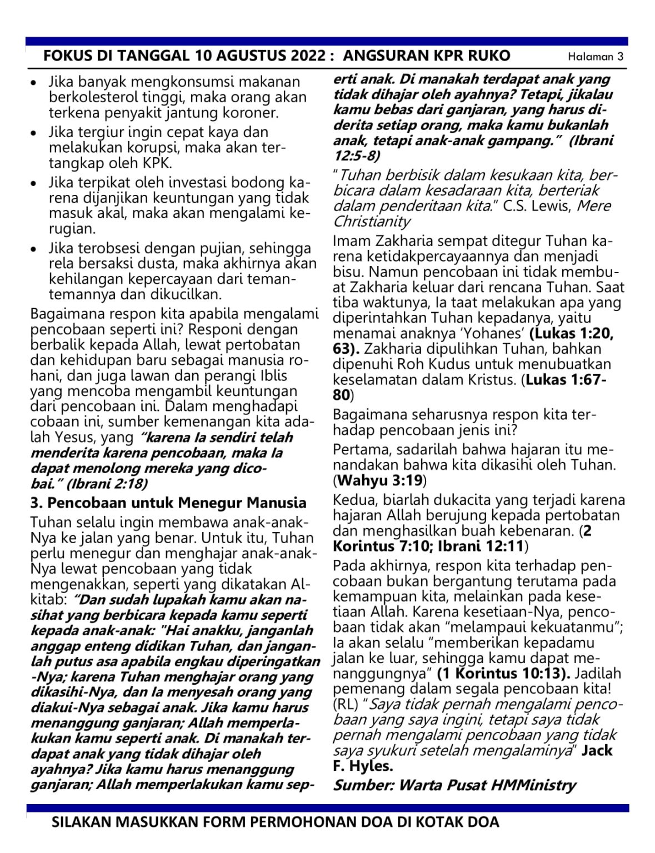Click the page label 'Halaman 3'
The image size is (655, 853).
pos(595,57)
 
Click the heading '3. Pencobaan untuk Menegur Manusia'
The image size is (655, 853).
pos(168,503)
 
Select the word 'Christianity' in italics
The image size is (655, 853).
pos(372,222)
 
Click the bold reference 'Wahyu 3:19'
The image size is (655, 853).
pos(379,480)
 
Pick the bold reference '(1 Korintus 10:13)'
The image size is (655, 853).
pos(503,674)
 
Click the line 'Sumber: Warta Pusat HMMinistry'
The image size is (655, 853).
pos(454,785)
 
